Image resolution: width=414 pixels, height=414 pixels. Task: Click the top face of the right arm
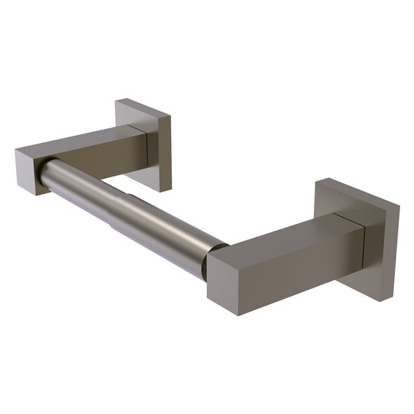coord(290,235)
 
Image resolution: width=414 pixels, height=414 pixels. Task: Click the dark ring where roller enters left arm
coord(43,172)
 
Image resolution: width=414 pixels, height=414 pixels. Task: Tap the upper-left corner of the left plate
coord(117,102)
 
